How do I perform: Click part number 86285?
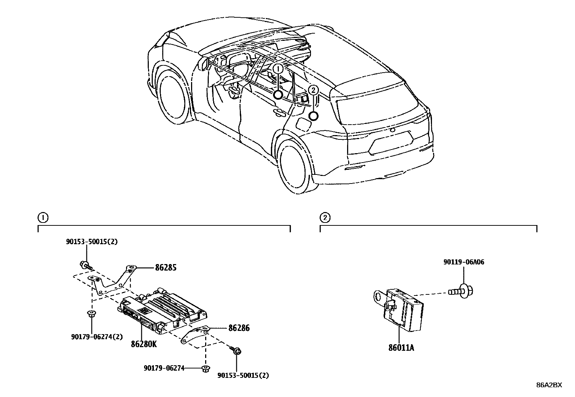[166, 268]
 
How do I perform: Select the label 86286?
[239, 328]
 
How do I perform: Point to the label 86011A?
[401, 348]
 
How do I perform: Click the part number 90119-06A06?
[464, 262]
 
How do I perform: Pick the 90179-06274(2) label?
[97, 337]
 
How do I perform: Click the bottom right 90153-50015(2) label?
[243, 375]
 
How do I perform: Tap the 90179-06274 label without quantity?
[164, 368]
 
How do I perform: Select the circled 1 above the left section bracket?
[42, 218]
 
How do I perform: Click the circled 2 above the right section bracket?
[325, 218]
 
